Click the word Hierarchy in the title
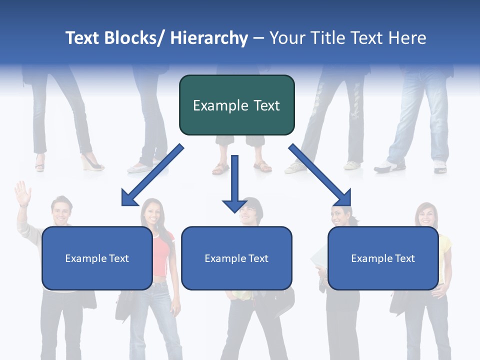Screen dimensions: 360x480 (209, 38)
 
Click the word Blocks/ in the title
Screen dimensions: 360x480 (133, 38)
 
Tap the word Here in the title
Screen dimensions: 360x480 (407, 38)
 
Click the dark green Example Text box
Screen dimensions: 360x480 (236, 105)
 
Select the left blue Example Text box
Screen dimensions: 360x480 (97, 258)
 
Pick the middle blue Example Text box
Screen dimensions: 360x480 (236, 258)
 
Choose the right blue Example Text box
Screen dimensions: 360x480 (383, 258)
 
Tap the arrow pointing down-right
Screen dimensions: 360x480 (320, 175)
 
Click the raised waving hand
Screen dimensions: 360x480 (22, 193)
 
